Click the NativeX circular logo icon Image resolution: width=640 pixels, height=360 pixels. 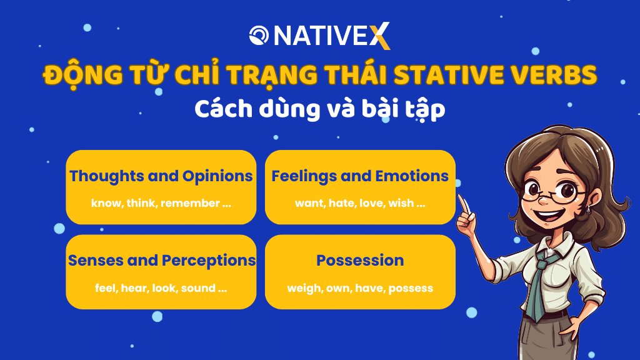pos(259,35)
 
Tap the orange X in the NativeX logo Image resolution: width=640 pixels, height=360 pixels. pos(380,36)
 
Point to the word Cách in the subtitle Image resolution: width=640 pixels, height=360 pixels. pos(223,109)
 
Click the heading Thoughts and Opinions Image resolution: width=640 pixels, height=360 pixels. pos(161,176)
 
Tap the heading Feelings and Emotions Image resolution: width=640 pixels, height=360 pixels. pos(360,176)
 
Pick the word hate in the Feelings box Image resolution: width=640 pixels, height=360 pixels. pos(341,203)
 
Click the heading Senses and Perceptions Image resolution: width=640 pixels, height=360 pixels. pos(162,261)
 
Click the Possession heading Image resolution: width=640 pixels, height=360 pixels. pos(360,261)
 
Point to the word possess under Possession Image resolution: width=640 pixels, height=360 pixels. pos(411,289)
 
